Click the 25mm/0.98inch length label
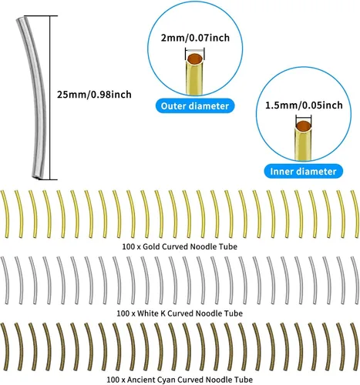click(x=94, y=95)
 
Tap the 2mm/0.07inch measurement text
click(x=195, y=38)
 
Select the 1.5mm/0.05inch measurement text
click(x=304, y=105)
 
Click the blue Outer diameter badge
click(x=195, y=106)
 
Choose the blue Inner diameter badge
click(x=303, y=172)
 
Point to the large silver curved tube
click(x=38, y=98)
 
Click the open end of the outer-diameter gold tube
click(x=195, y=59)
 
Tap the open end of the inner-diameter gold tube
click(x=304, y=126)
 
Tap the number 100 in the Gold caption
click(x=128, y=246)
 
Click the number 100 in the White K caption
click(x=123, y=313)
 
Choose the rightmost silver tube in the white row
click(x=355, y=280)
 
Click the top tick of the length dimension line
click(x=49, y=16)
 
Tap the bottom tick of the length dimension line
click(x=49, y=179)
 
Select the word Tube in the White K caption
click(x=234, y=313)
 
